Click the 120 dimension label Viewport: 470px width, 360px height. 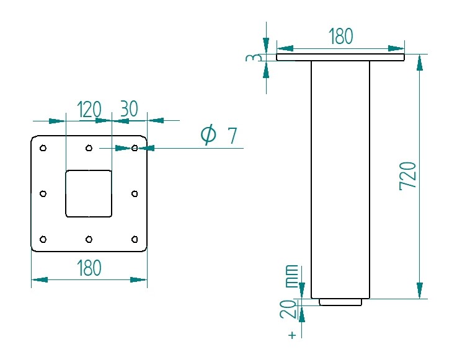pyautogui.click(x=89, y=110)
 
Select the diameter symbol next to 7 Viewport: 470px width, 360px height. pyautogui.click(x=209, y=134)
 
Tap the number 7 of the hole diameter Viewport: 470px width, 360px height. pyautogui.click(x=232, y=136)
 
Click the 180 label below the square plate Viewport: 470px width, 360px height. pyautogui.click(x=89, y=269)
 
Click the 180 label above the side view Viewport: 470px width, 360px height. pyautogui.click(x=340, y=37)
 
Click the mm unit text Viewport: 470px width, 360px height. pyautogui.click(x=290, y=276)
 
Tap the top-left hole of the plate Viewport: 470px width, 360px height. pyautogui.click(x=43, y=148)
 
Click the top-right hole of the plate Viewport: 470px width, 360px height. pyautogui.click(x=135, y=148)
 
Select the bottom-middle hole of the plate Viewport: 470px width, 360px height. pyautogui.click(x=89, y=239)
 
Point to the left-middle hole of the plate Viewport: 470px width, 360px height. pyautogui.click(x=43, y=194)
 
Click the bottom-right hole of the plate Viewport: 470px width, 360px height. pyautogui.click(x=135, y=239)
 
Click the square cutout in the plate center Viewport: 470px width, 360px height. pyautogui.click(x=89, y=193)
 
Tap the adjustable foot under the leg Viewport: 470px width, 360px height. pyautogui.click(x=340, y=302)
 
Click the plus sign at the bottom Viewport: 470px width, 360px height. pyautogui.click(x=291, y=335)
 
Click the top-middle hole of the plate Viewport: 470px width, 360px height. pyautogui.click(x=89, y=148)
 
